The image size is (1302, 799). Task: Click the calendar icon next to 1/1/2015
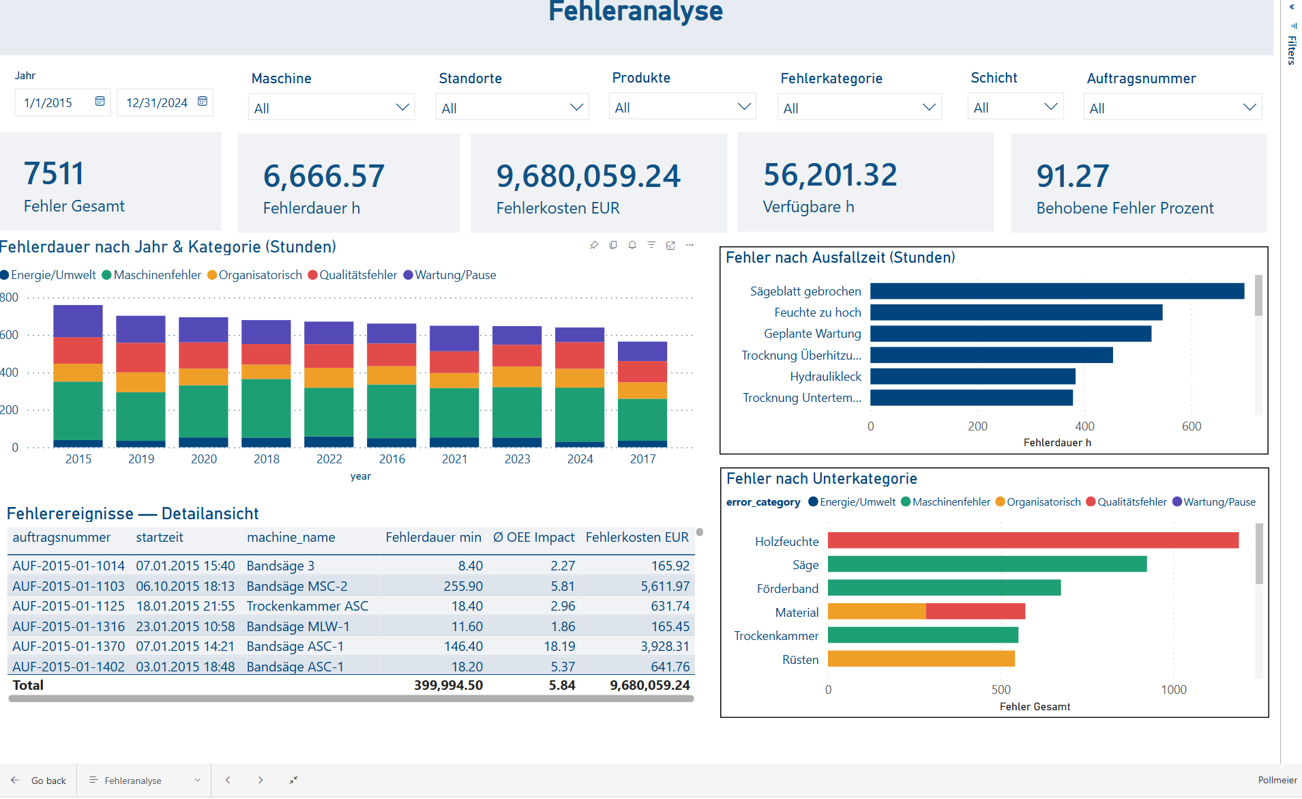click(x=100, y=102)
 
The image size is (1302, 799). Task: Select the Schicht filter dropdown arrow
click(x=1050, y=107)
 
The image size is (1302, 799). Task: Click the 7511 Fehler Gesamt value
click(x=54, y=173)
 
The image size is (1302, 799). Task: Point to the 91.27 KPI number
click(x=1072, y=176)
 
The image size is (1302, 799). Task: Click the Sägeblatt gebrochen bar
click(x=1056, y=291)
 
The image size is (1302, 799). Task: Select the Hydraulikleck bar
click(x=972, y=377)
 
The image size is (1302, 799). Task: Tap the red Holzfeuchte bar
click(x=1033, y=541)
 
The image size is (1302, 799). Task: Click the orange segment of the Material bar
click(x=876, y=612)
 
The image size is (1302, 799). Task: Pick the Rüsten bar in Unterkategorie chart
click(x=921, y=659)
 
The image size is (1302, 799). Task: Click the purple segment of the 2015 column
click(x=78, y=321)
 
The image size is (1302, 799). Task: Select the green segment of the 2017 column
click(x=642, y=420)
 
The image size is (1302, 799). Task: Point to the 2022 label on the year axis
click(x=329, y=459)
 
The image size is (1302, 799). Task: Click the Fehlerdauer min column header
click(x=433, y=538)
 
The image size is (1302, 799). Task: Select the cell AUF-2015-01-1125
click(x=68, y=606)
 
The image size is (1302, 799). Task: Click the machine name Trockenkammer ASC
click(x=307, y=606)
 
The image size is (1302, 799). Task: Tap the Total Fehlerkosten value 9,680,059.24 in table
click(x=649, y=685)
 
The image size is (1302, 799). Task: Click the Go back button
click(x=39, y=781)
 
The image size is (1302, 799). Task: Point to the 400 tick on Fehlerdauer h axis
click(x=1084, y=426)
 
